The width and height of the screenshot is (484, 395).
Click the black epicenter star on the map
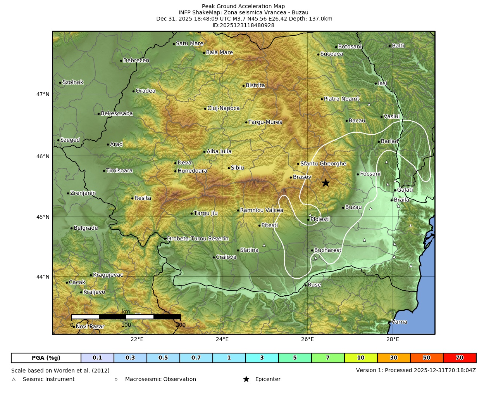click(x=326, y=183)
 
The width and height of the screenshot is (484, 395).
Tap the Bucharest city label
click(x=328, y=250)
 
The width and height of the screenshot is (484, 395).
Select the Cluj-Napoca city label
click(x=224, y=108)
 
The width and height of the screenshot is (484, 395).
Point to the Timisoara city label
click(x=119, y=171)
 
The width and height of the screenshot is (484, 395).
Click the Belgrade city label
click(x=86, y=228)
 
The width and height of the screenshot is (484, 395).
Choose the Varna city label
click(x=399, y=322)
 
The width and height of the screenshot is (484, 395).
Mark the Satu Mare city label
click(x=189, y=43)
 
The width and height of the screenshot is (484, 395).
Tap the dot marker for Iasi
click(x=376, y=83)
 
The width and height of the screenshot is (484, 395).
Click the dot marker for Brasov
click(x=291, y=177)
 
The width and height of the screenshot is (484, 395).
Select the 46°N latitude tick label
click(x=43, y=156)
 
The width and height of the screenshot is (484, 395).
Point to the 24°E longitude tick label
click(x=222, y=340)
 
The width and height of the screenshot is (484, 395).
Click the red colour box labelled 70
click(x=460, y=358)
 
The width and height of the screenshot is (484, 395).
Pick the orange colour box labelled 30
click(x=394, y=358)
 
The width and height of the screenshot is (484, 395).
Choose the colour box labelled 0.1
click(x=97, y=358)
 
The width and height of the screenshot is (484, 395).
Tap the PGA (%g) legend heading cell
click(x=46, y=358)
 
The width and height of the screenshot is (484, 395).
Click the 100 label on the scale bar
click(x=126, y=325)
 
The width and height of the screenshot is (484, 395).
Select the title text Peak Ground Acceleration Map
click(x=243, y=6)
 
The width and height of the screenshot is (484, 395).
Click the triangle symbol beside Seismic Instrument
click(x=14, y=379)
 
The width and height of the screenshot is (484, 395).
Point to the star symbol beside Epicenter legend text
click(x=246, y=379)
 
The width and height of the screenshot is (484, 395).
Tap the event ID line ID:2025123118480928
click(x=243, y=25)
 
